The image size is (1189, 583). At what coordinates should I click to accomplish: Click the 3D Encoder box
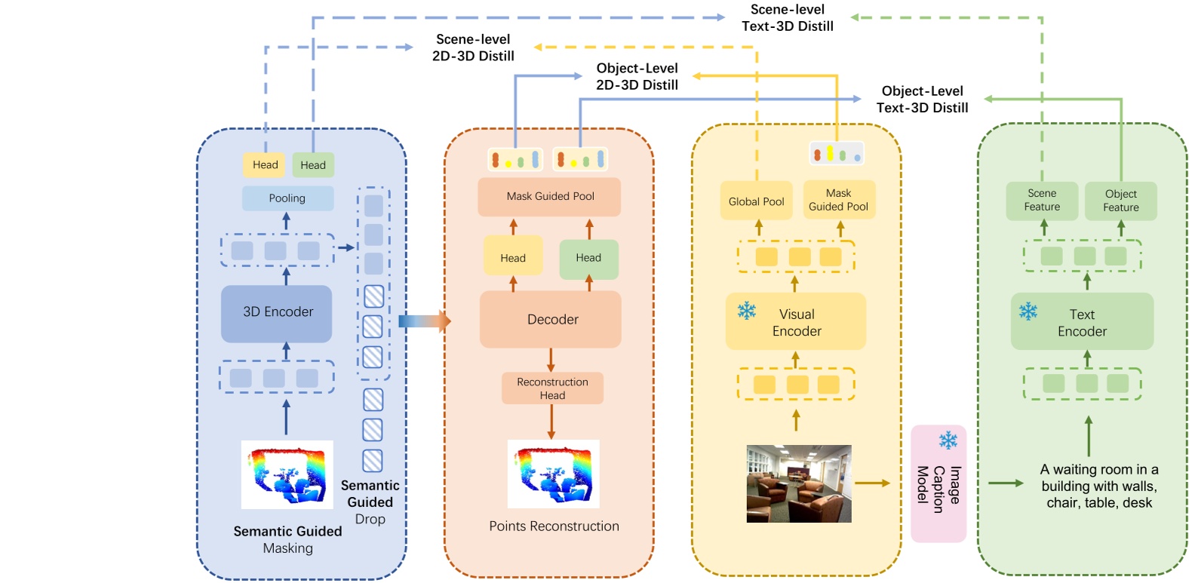coord(276,313)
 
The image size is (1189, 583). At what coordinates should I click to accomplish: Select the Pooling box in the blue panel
coord(287,198)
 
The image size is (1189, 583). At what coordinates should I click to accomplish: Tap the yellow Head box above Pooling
coord(265,165)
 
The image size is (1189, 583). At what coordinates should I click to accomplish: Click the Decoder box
coord(551,320)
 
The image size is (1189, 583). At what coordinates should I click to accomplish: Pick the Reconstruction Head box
coord(552,388)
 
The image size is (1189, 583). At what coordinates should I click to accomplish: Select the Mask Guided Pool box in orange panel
coord(549,197)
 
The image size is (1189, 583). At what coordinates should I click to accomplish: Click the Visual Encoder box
coord(796,322)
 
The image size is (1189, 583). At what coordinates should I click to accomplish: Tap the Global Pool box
coord(756,201)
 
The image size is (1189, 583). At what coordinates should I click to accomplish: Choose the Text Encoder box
coord(1082,322)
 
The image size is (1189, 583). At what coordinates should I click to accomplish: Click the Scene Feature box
coord(1042,201)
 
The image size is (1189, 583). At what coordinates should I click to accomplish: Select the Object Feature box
coord(1120,201)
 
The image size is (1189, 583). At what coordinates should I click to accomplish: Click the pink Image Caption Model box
coord(939,483)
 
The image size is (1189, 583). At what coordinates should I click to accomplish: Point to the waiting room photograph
coord(799,483)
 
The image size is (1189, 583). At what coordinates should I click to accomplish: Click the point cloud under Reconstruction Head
coord(553,474)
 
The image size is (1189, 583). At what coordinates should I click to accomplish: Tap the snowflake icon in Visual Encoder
coord(747,310)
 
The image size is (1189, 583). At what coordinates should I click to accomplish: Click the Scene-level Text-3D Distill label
coord(787,18)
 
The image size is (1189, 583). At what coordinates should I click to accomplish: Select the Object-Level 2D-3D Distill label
coord(637,77)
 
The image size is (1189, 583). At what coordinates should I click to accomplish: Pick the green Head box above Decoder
coord(588,259)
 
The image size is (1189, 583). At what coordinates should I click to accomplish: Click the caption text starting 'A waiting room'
coord(1098,486)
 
